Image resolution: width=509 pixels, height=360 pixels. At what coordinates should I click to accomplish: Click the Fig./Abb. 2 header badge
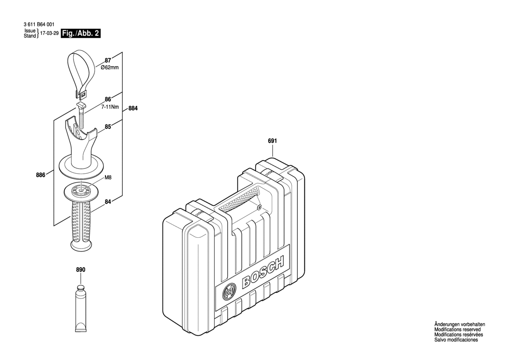pyautogui.click(x=81, y=33)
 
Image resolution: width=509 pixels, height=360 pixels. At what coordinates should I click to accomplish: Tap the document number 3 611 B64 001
pyautogui.click(x=39, y=26)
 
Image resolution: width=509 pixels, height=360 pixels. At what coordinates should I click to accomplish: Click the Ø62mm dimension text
pyautogui.click(x=110, y=68)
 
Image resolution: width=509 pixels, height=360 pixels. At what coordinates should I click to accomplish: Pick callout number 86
pyautogui.click(x=107, y=100)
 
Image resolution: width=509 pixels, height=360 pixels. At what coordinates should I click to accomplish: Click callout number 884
pyautogui.click(x=133, y=109)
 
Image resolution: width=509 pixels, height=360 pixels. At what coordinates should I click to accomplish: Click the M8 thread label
pyautogui.click(x=108, y=178)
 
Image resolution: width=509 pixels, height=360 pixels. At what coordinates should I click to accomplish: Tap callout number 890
pyautogui.click(x=81, y=270)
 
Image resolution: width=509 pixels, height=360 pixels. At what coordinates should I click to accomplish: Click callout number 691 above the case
pyautogui.click(x=273, y=141)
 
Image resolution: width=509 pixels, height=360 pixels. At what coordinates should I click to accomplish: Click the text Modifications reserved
pyautogui.click(x=457, y=330)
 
